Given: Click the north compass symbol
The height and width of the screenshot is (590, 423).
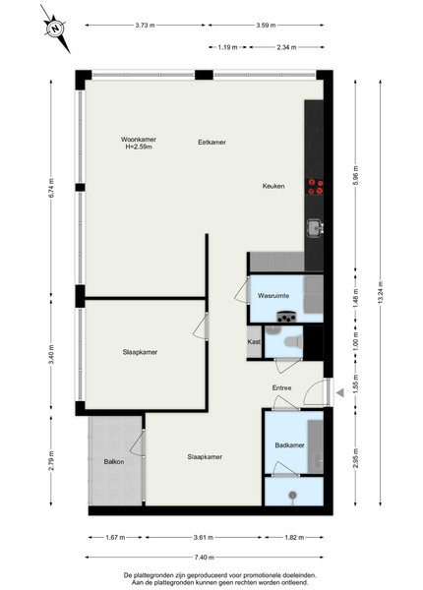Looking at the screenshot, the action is (x=56, y=29).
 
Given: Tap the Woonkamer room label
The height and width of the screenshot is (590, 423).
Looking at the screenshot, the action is (x=139, y=140).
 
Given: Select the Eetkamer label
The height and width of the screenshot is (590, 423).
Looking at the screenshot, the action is (x=211, y=143).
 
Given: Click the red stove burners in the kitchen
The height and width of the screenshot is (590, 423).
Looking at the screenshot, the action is (x=316, y=187).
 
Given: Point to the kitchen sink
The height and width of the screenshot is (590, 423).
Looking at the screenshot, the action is (x=315, y=228).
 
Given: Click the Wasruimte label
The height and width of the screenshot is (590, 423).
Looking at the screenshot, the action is (x=273, y=296).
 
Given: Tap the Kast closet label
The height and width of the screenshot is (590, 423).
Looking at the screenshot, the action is (x=254, y=342).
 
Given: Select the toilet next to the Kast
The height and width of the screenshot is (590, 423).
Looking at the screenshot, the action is (x=293, y=341).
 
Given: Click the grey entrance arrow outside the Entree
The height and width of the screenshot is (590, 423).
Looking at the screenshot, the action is (x=340, y=392).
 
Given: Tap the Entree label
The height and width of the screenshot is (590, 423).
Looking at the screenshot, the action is (x=282, y=388).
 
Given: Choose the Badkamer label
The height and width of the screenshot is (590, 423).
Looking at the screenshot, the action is (x=290, y=445).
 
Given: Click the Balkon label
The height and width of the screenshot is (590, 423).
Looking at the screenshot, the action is (x=114, y=462).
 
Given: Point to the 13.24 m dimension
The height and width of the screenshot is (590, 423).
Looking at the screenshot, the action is (x=381, y=292).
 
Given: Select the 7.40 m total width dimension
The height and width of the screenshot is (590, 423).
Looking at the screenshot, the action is (x=205, y=558).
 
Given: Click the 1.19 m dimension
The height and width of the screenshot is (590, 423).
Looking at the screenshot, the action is (x=227, y=47).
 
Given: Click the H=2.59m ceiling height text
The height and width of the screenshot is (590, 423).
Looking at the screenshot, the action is (x=139, y=147).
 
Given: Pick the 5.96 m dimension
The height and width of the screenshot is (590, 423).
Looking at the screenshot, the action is (x=356, y=176).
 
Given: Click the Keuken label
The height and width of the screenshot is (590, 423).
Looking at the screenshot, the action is (x=273, y=186).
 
